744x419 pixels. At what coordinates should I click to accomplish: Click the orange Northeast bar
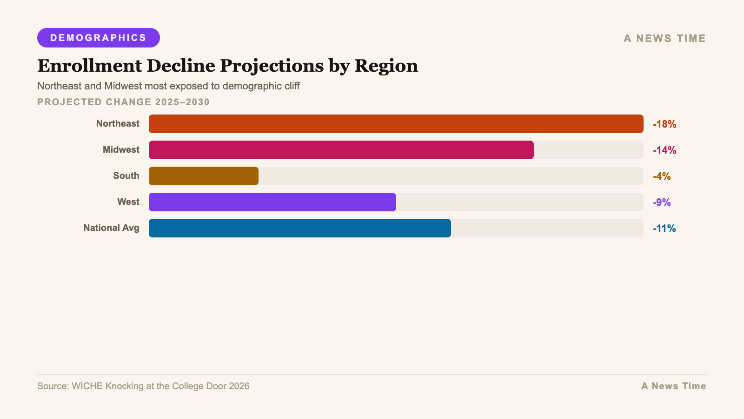(396, 124)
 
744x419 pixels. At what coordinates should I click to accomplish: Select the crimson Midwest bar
(341, 150)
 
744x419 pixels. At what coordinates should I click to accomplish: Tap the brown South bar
(203, 176)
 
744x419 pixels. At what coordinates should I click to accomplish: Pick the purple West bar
(272, 202)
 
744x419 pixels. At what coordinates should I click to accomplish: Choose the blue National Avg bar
(299, 228)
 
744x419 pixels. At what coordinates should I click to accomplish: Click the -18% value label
(664, 124)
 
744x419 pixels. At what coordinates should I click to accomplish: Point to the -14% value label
(664, 150)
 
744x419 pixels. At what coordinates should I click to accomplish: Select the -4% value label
(662, 176)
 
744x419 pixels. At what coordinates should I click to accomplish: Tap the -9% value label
(662, 203)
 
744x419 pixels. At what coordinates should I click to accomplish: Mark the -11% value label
(664, 229)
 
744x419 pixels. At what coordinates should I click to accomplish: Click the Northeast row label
(118, 124)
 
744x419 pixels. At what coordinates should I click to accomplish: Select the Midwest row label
(121, 150)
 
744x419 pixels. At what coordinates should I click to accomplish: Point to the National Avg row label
(111, 228)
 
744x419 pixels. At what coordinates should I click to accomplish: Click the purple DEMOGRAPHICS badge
(99, 38)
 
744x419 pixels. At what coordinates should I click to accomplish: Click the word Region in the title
(386, 66)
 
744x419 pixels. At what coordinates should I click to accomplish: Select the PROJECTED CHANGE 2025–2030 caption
(123, 102)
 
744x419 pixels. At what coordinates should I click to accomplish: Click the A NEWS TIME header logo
(664, 39)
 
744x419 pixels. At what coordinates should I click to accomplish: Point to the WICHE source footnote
(143, 386)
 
